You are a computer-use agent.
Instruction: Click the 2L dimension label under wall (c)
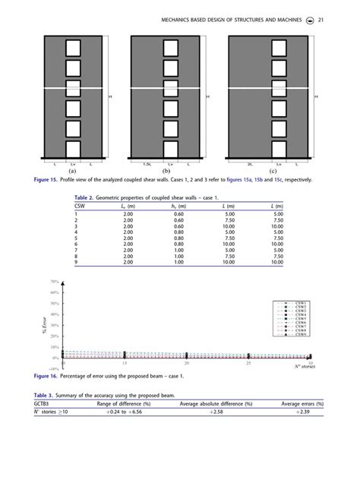pyautogui.click(x=249, y=163)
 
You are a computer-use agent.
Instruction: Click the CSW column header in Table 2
pyautogui.click(x=80, y=206)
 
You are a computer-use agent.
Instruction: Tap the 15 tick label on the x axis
pyautogui.click(x=125, y=364)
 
